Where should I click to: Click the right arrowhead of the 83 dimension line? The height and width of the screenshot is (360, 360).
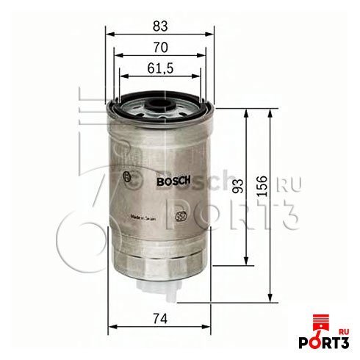(212, 35)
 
